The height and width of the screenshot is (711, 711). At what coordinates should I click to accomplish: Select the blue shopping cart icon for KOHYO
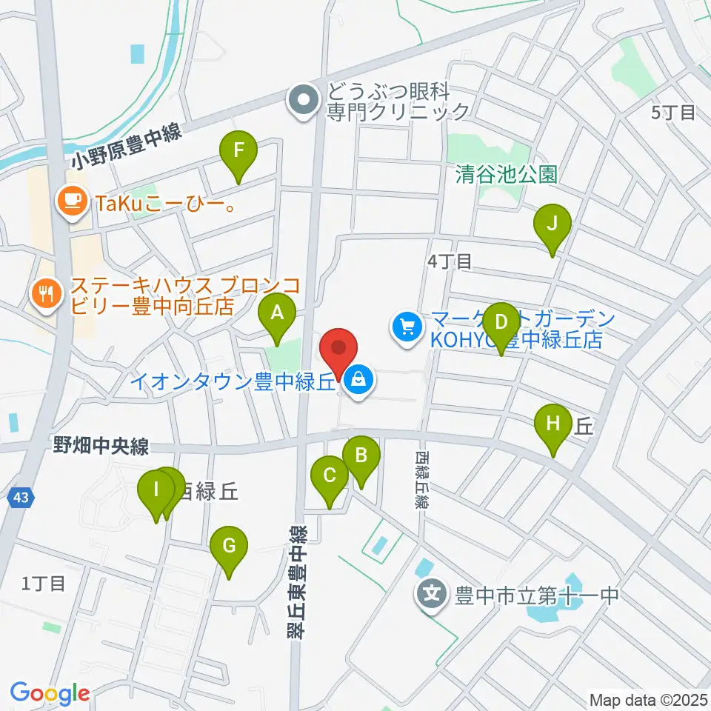407,327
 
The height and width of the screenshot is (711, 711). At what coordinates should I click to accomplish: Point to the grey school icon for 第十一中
432,594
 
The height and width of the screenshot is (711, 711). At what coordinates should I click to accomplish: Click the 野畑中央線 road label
101,447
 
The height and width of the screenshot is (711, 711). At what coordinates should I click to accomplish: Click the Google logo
50,693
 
